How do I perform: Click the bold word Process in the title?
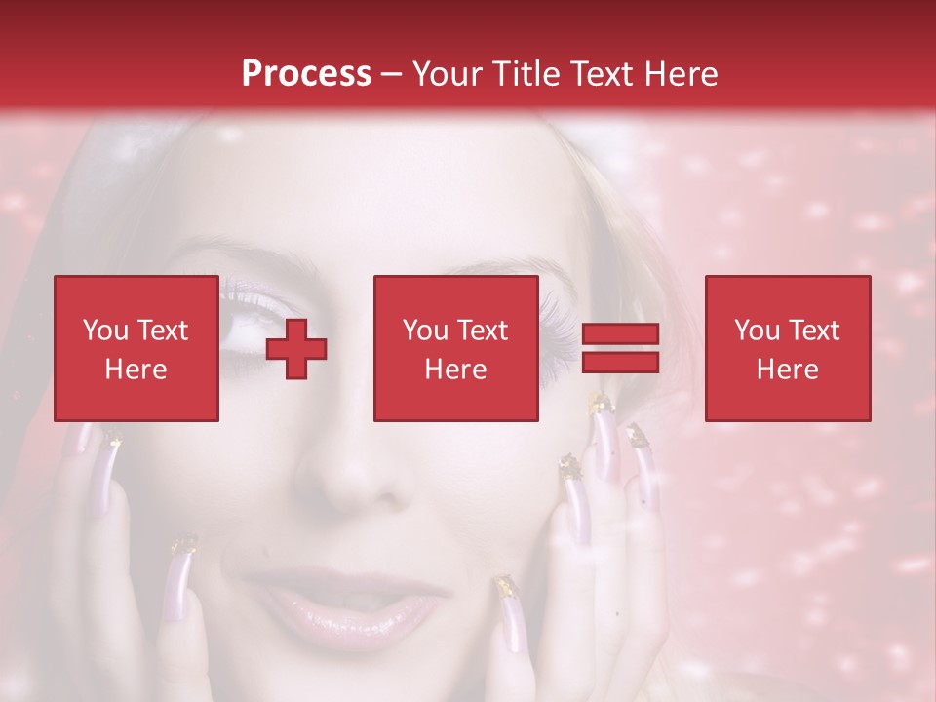(x=306, y=74)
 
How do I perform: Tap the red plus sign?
(x=296, y=349)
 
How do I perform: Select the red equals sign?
(x=620, y=349)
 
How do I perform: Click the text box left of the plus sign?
(x=136, y=349)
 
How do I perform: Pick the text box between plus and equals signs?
(x=455, y=349)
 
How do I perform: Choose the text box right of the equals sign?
(x=787, y=349)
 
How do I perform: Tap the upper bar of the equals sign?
(x=620, y=334)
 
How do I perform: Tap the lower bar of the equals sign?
(x=620, y=363)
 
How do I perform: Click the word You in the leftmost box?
(x=104, y=331)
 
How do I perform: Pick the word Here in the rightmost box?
(x=787, y=370)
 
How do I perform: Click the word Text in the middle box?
(x=483, y=331)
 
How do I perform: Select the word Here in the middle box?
(x=455, y=370)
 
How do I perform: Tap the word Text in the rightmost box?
(x=814, y=331)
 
